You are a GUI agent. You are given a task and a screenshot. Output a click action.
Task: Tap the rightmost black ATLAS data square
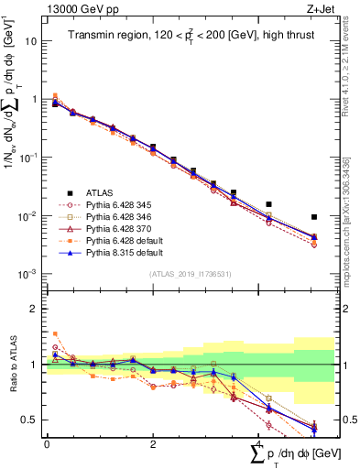(314, 217)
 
